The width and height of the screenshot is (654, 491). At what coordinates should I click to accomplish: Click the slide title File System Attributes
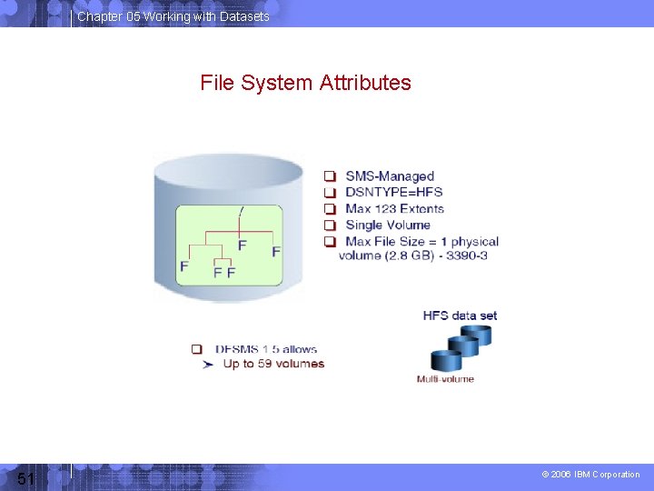[305, 83]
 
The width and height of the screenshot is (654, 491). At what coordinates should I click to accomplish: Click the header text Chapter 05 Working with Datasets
[173, 16]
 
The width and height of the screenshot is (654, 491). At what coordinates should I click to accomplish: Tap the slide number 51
[25, 478]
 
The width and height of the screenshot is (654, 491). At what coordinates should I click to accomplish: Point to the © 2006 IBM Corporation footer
[590, 475]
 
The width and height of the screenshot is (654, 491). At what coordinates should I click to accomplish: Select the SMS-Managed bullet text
[390, 176]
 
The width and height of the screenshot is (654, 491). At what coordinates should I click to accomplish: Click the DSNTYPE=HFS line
[394, 193]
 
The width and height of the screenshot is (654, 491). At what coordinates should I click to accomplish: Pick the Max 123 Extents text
[394, 209]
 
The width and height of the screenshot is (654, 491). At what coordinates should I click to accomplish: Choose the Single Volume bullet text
[388, 225]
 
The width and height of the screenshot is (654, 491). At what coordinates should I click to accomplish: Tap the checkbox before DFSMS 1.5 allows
[197, 349]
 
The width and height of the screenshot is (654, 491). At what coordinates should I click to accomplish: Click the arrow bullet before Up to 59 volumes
[208, 364]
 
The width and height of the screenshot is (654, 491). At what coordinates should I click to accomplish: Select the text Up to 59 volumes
[273, 364]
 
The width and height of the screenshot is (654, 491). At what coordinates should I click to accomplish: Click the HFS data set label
[460, 316]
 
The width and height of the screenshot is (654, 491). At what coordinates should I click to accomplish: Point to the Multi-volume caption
[445, 379]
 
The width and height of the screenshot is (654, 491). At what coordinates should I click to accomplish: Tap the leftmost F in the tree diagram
[184, 266]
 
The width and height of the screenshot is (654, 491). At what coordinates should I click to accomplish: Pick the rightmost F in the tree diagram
[276, 250]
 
